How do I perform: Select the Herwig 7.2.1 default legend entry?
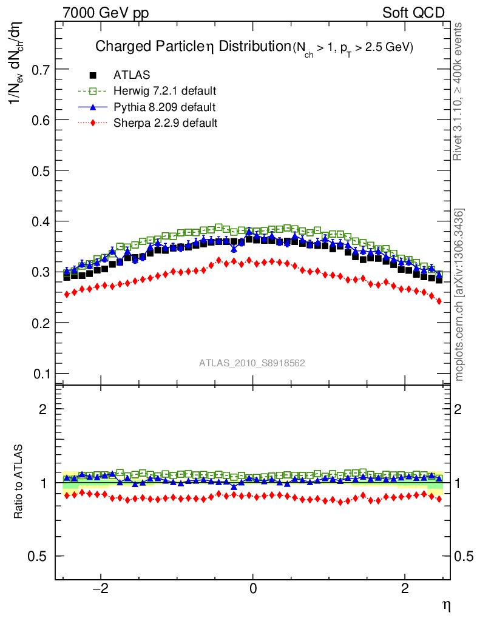164,91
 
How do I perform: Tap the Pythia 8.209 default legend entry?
164,107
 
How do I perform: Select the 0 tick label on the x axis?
253,589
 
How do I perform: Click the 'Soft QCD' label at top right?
413,13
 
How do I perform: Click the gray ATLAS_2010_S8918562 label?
252,363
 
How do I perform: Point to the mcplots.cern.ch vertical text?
459,295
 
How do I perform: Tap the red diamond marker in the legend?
93,123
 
